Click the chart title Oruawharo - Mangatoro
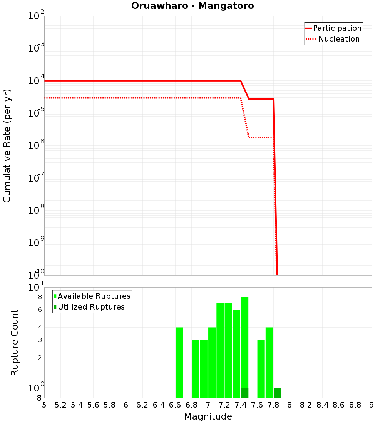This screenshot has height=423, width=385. (x=192, y=6)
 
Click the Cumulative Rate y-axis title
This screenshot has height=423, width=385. (x=7, y=145)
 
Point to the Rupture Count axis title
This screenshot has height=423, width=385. (x=15, y=343)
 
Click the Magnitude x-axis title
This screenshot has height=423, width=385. (x=208, y=416)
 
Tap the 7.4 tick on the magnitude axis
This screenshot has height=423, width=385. (x=241, y=405)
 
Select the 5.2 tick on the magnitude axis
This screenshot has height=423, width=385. (x=61, y=405)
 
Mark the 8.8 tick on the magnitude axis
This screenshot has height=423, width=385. (x=355, y=405)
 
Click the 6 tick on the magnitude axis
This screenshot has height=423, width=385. (x=126, y=405)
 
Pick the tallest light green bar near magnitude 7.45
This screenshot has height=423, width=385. (x=244, y=342)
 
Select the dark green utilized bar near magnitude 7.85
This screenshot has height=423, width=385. (x=277, y=393)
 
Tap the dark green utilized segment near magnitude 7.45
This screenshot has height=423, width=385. (x=244, y=393)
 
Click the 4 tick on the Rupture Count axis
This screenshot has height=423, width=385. (x=40, y=328)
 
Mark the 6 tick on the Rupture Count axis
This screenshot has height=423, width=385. (x=40, y=310)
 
